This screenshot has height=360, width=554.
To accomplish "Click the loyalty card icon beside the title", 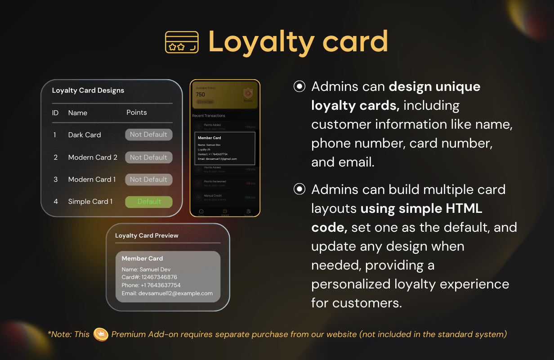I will coord(182,42).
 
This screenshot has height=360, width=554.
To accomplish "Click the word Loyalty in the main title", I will coord(261,42).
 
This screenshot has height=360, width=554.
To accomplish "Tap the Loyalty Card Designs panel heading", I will coord(88,90).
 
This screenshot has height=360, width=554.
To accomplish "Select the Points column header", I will coord(137,112).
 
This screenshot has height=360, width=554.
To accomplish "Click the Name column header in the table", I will coord(78,113).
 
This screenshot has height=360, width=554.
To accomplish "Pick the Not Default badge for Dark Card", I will coord(148,135).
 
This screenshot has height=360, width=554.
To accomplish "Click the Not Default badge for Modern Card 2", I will coord(148,157).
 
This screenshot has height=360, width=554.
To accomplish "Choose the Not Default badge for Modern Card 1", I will coord(148,180).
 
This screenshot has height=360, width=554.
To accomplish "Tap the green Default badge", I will coord(148,202).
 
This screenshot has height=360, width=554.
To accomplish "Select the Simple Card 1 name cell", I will coord(90,202).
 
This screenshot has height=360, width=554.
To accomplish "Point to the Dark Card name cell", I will coord(85,135).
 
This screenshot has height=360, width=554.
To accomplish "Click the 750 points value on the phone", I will coord(201,94).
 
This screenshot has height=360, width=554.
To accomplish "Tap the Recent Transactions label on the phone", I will coord(209,116).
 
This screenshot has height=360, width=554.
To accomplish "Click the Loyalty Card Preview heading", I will coord(147,236).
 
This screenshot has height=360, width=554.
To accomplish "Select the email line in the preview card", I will coord(167,293).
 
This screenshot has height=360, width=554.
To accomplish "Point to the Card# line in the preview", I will coord(149,277).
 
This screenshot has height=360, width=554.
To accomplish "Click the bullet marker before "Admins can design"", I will coord(299,86).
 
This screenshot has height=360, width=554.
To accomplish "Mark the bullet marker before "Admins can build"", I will coord(299,189).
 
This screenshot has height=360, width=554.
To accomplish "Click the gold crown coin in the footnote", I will coord(101,334).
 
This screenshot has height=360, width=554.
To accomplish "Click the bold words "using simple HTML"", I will coord(421,209).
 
